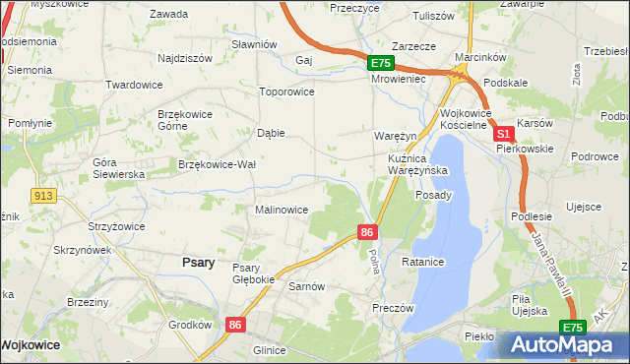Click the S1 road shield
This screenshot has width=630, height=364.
(x=503, y=133)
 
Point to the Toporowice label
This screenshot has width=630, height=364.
(x=285, y=91)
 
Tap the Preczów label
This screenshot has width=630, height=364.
(x=393, y=307)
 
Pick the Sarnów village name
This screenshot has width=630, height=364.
(x=306, y=286)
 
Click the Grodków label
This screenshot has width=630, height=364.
(x=190, y=325)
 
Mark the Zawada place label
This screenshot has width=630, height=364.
(x=168, y=14)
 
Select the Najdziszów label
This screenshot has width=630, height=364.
(x=185, y=58)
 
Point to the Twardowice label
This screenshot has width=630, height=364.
(x=133, y=85)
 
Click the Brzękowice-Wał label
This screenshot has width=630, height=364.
(x=217, y=164)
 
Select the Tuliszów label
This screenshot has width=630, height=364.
(x=433, y=16)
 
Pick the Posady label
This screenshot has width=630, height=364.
(x=433, y=195)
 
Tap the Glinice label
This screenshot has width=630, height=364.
(x=269, y=350)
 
